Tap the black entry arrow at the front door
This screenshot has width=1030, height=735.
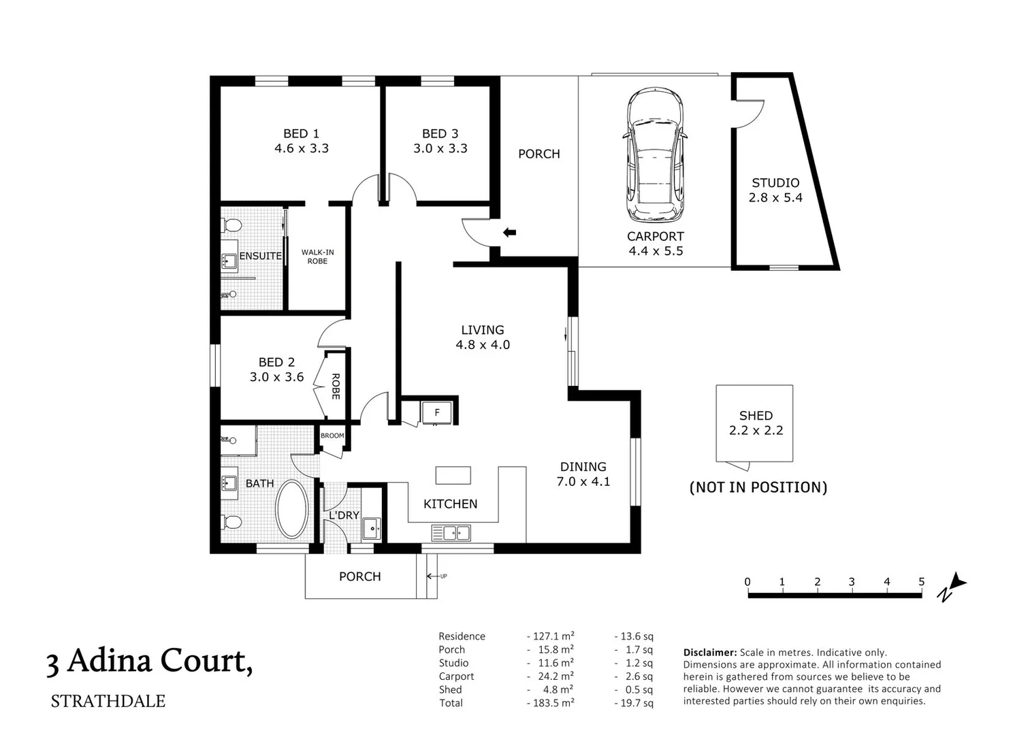coord(509,233)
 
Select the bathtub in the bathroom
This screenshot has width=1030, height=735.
coord(292,510)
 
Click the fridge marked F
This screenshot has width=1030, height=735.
coord(437,412)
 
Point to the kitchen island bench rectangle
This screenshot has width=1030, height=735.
coord(453,474)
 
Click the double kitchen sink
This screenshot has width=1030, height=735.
coord(451,533)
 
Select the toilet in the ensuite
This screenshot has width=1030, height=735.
coord(231,225)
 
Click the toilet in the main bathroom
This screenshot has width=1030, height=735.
coord(231,523)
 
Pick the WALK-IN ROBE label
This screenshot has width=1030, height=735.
coord(317,257)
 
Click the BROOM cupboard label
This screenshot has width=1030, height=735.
coord(332,436)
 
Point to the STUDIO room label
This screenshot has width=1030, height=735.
coord(775,183)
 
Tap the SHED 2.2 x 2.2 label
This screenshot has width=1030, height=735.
coord(756,423)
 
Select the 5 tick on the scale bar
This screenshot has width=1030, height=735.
coord(921,582)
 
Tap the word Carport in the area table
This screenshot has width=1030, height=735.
coord(456,676)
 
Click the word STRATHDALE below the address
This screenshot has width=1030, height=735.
coord(108,702)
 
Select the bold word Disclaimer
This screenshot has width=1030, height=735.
coord(709,653)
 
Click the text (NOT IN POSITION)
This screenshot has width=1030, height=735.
coord(758,487)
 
